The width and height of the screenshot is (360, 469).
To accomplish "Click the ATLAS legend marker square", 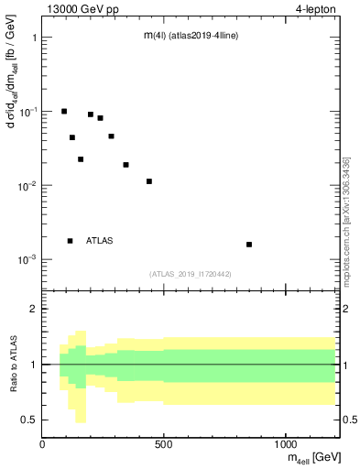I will click(x=71, y=241).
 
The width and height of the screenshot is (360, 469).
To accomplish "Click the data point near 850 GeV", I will click(x=249, y=245).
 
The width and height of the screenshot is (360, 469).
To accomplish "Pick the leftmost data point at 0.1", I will click(x=64, y=112).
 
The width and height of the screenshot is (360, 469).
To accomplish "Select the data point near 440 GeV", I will click(x=149, y=181).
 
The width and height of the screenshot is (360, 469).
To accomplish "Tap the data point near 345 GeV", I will click(x=126, y=165).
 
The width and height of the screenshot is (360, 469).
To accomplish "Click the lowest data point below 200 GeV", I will click(x=81, y=159).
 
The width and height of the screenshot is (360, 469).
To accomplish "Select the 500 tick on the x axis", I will click(x=164, y=445).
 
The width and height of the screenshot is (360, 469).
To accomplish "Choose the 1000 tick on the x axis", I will click(x=286, y=445).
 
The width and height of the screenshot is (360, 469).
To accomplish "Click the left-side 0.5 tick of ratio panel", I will click(x=30, y=420).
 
